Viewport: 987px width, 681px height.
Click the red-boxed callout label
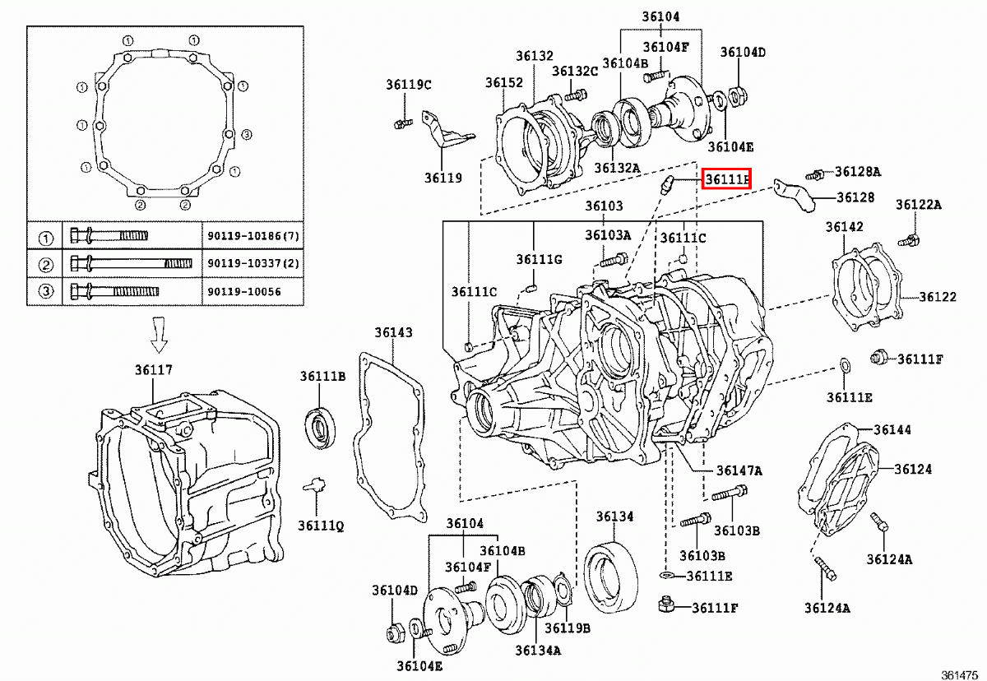725,178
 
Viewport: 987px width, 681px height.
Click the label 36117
154,371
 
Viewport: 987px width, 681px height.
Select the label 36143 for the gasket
393,333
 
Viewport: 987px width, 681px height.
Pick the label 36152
503,83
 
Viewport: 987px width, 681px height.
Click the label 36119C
409,84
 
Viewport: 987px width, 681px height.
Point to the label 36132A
617,168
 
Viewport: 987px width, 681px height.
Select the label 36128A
858,172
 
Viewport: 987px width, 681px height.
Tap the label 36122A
919,205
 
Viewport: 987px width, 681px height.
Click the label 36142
845,227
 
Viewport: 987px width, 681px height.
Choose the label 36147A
739,470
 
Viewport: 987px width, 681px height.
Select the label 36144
892,429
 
